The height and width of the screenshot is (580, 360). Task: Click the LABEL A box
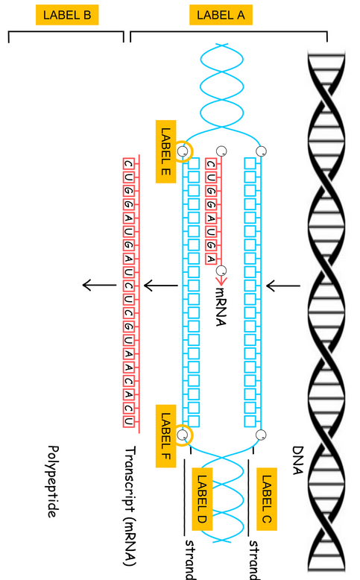pyautogui.click(x=220, y=15)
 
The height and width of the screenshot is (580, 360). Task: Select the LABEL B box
pyautogui.click(x=66, y=15)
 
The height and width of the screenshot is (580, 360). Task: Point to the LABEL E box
pyautogui.click(x=166, y=152)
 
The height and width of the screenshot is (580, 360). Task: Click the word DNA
pyautogui.click(x=299, y=461)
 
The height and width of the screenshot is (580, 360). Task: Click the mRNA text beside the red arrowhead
pyautogui.click(x=221, y=301)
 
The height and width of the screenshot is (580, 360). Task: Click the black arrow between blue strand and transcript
pyautogui.click(x=160, y=285)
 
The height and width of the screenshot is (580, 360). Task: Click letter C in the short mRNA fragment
pyautogui.click(x=211, y=164)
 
